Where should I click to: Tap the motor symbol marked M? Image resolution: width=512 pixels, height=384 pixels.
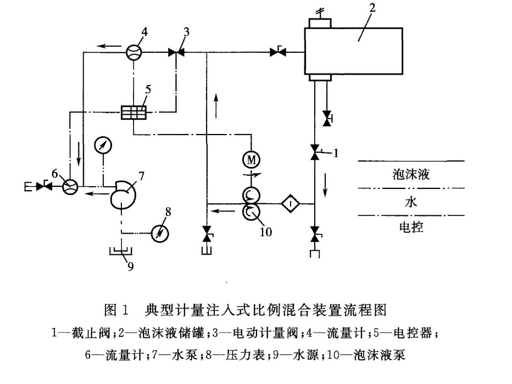(252, 159)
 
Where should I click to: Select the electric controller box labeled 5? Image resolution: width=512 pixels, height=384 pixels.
(133, 113)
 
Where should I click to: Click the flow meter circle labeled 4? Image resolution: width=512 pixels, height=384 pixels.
(133, 52)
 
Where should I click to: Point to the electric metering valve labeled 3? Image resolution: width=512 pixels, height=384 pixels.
(176, 53)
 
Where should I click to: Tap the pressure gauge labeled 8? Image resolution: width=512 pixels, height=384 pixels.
(160, 233)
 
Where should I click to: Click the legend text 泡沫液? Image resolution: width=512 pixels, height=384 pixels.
(411, 175)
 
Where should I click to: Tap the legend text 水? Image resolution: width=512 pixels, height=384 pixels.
(411, 202)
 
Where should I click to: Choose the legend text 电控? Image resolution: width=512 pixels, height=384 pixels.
(411, 227)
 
